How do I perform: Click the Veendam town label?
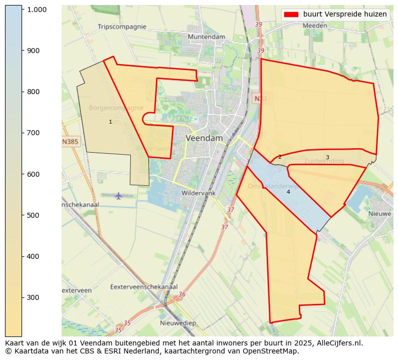tap(204, 138)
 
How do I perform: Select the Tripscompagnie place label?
tap(122, 27)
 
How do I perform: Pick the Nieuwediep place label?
tap(178, 323)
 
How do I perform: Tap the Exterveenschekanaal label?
tap(144, 287)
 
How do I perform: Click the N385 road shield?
tap(70, 142)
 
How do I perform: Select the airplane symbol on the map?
tap(118, 195)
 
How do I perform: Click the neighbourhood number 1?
tap(110, 122)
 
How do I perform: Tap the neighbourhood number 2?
tap(280, 157)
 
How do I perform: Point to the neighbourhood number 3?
tap(327, 157)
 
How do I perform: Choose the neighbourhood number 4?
tap(288, 192)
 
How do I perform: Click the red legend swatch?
tap(291, 14)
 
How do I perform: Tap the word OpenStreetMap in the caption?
tap(274, 351)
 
